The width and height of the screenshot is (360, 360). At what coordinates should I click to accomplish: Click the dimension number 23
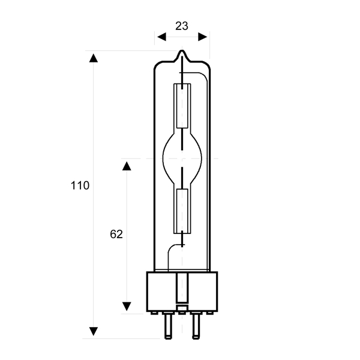click(182, 26)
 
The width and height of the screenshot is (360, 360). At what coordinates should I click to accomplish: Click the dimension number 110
click(80, 185)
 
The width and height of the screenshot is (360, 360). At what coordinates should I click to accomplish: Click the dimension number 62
click(116, 234)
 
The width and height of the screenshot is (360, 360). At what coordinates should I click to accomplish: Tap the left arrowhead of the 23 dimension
click(161, 37)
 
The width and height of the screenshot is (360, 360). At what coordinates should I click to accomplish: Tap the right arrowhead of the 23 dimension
click(203, 37)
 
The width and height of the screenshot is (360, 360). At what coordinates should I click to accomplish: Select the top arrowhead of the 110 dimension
click(94, 58)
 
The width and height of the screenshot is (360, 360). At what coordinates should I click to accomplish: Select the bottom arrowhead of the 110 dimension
click(94, 331)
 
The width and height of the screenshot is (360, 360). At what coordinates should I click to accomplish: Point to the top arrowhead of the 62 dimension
click(127, 166)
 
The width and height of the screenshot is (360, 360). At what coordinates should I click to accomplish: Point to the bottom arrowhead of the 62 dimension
click(127, 306)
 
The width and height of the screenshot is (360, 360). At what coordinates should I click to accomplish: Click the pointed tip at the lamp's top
click(182, 51)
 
